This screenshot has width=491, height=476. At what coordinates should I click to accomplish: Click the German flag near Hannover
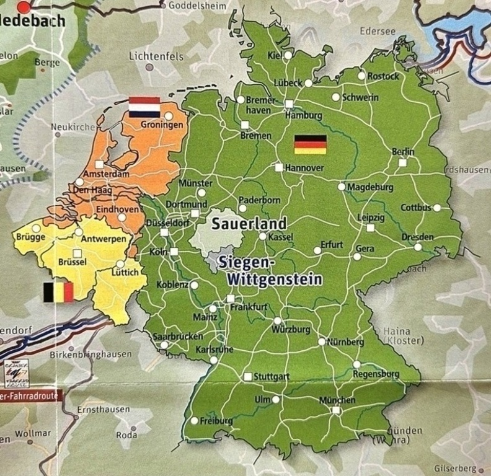coord(310,144)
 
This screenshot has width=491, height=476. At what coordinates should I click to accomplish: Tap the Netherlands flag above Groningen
coord(144,107)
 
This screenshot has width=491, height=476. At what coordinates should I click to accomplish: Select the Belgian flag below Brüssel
coord(58,291)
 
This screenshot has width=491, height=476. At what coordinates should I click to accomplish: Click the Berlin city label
coord(403,152)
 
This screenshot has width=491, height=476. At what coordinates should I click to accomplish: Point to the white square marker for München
coord(335,410)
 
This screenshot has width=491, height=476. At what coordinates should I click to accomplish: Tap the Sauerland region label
coord(249,224)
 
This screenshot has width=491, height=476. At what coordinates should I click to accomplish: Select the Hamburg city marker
coord(289,104)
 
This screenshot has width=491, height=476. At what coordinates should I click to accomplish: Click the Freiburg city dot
coord(194,421)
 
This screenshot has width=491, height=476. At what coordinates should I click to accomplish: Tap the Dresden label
coord(417,237)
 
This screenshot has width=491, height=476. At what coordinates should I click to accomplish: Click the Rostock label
coord(383,76)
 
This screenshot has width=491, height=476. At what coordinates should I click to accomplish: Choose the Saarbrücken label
coord(177,337)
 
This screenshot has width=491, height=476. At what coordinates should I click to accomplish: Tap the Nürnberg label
coord(345,342)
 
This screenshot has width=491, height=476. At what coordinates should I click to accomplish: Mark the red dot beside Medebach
coord(24,7)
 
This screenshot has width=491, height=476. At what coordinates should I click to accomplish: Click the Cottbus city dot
coord(437,208)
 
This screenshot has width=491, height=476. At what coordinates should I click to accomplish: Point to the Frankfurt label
coord(249,307)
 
